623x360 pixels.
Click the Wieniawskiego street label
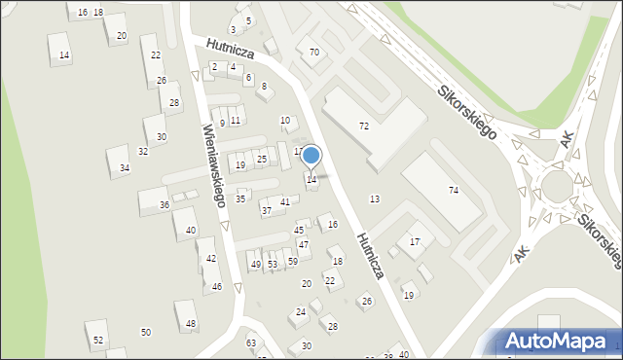click(214, 164)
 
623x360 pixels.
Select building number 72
click(363, 126)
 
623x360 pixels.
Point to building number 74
click(453, 191)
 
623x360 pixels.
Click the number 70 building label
click(313, 52)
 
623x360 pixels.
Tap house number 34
click(124, 168)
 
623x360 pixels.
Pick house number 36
click(165, 205)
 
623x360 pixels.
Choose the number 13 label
click(375, 198)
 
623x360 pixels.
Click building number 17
click(415, 241)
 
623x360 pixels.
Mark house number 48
click(191, 323)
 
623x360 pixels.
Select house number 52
click(98, 340)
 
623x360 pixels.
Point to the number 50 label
click(146, 333)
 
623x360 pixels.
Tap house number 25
click(262, 159)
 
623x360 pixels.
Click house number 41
click(285, 201)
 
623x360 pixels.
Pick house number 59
click(292, 262)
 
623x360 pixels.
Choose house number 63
click(251, 342)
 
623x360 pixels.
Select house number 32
click(143, 151)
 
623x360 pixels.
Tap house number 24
click(301, 312)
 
